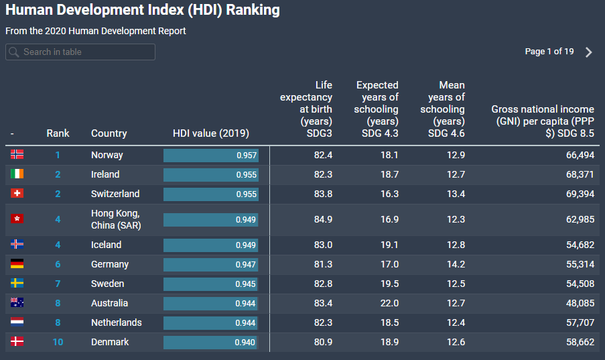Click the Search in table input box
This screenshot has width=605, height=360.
point(80,52)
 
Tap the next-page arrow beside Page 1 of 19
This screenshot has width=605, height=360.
point(589,52)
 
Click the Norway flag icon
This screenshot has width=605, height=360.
point(17,155)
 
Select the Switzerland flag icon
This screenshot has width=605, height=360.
point(17,194)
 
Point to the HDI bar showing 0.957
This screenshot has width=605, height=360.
point(211,156)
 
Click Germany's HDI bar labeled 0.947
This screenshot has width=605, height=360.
point(210,265)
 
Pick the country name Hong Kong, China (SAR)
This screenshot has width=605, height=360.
point(115,219)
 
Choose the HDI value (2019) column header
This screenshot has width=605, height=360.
point(210,133)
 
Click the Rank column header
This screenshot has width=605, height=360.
point(58,133)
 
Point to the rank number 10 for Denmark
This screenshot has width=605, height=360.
point(58,343)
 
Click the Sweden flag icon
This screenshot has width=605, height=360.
point(17,284)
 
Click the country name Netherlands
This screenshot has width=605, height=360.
point(116,323)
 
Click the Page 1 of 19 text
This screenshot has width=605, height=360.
point(549,52)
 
